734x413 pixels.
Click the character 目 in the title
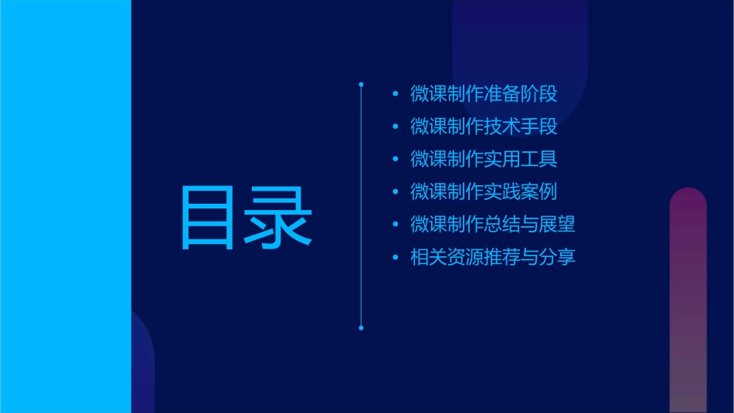206,217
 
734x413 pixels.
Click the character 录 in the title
279,217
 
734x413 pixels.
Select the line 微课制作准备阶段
484,94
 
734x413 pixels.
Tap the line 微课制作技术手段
484,127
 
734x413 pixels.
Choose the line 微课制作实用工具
484,159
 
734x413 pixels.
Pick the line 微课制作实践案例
484,191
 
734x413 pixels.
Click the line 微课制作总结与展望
492,224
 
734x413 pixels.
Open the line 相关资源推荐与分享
492,257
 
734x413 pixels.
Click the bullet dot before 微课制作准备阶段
396,94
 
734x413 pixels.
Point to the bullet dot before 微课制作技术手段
396,127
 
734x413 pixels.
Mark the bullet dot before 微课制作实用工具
396,159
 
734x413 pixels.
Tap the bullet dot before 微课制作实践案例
396,191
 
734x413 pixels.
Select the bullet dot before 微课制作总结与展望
396,225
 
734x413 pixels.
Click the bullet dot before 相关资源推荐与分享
396,257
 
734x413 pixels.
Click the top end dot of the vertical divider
361,83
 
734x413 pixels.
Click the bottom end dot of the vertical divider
361,328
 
